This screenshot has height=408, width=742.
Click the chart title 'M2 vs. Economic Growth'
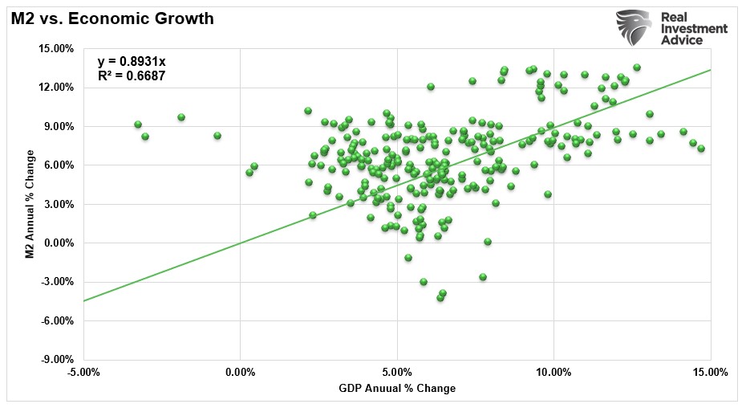click(112, 18)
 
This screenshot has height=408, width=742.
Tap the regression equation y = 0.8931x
click(132, 61)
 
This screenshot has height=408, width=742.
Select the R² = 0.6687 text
click(132, 76)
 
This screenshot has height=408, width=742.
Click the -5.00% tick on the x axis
click(83, 372)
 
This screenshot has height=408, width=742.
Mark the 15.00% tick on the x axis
click(711, 372)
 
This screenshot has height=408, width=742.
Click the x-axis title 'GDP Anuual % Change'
click(397, 389)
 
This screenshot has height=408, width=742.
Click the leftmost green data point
click(138, 124)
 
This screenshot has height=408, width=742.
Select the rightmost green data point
click(701, 149)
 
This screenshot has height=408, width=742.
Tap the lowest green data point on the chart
click(440, 298)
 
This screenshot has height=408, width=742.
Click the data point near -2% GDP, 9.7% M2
click(181, 117)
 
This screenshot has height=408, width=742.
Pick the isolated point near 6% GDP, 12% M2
click(431, 87)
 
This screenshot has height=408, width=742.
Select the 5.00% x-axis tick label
click(397, 372)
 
